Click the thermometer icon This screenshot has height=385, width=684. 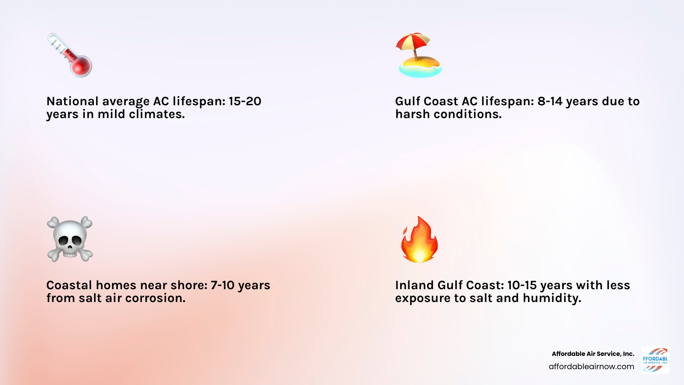tap(70, 55)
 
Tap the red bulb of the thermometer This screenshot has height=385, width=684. tap(81, 66)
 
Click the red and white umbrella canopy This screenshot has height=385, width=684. tap(413, 41)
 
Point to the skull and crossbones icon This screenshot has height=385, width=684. tap(70, 239)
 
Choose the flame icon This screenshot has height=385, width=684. tap(419, 239)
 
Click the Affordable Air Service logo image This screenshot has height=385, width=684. tap(655, 360)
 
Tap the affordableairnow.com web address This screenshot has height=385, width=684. tap(591, 367)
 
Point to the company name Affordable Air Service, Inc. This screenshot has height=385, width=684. tap(593, 354)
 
